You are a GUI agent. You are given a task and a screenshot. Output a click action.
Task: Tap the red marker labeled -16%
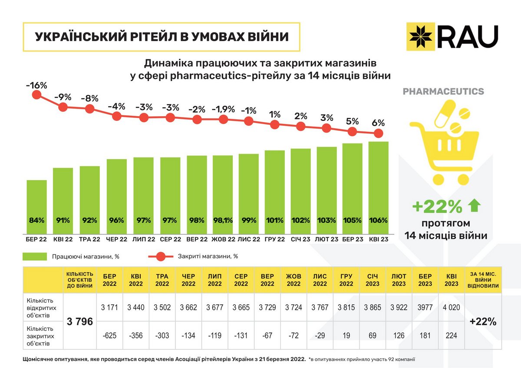tap(36, 95)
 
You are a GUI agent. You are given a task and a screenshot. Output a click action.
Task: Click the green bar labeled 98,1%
tap(223, 195)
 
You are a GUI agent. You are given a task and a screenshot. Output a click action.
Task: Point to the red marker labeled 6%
tap(378, 133)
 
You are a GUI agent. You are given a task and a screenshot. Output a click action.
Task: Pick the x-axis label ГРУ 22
tap(274, 239)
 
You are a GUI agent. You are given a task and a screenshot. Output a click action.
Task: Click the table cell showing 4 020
tap(451, 307)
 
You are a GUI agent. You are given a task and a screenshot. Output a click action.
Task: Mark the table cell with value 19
tap(346, 335)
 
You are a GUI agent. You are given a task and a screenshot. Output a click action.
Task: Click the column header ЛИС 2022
tap(320, 280)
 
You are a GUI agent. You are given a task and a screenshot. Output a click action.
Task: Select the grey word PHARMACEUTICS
tap(443, 91)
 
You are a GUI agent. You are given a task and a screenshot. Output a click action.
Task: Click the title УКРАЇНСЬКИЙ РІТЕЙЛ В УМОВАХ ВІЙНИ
tap(162, 37)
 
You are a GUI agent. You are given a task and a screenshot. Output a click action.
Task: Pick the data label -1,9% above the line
tap(223, 108)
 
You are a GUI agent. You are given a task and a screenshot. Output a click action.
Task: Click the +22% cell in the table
tap(483, 322)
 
